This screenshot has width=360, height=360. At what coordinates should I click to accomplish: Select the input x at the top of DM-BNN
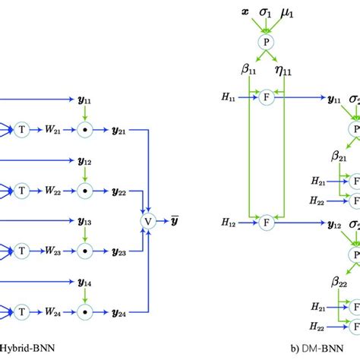point(244,14)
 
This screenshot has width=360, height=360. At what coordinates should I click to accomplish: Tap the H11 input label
point(229,98)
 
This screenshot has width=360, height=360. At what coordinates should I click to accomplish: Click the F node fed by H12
point(266,202)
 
